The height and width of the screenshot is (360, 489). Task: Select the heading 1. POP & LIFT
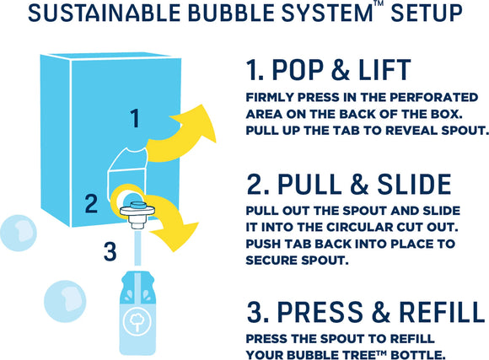(329, 68)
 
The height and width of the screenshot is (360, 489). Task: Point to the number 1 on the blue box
(134, 119)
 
